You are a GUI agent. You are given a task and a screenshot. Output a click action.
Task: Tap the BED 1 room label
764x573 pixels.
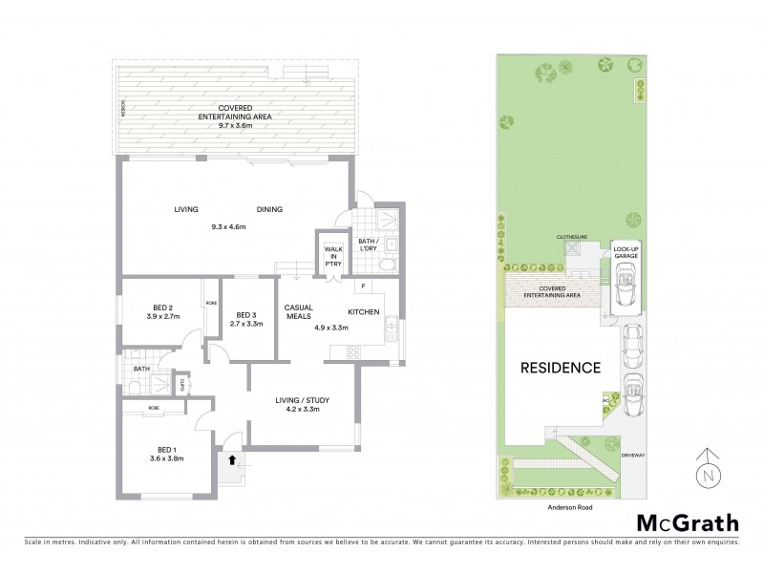coord(166,449)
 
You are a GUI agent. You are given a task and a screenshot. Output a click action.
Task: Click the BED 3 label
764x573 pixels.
coord(246,315)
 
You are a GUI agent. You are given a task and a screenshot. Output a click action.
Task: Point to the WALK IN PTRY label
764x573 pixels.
coord(332,256)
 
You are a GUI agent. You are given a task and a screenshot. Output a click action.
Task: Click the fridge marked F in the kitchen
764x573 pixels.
coord(363,286)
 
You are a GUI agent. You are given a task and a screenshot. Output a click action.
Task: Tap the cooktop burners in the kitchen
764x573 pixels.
coord(352,350)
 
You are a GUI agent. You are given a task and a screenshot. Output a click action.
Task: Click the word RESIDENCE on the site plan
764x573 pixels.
coord(560,367)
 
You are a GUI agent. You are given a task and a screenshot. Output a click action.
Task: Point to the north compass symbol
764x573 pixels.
coord(706,470)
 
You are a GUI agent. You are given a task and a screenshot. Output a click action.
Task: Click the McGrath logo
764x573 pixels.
coord(687,522)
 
